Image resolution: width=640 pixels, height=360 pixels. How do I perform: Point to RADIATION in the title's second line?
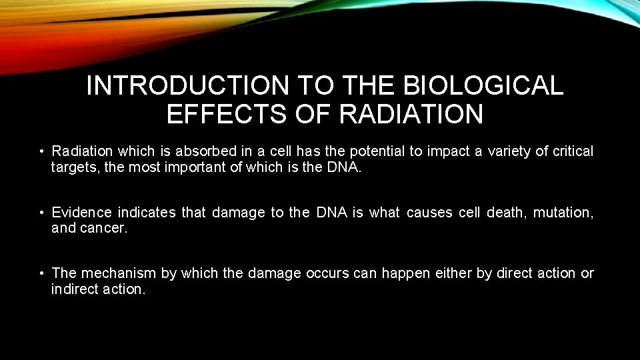tap(411, 114)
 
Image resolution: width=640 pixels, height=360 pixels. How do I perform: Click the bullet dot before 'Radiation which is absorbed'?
tap(41, 152)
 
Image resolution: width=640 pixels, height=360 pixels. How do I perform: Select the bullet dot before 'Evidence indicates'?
tap(41, 213)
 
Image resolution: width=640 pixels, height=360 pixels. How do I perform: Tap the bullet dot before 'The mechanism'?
tap(41, 273)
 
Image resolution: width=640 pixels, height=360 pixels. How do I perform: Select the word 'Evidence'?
tap(82, 212)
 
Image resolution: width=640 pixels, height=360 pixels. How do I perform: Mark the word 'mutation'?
tap(565, 212)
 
